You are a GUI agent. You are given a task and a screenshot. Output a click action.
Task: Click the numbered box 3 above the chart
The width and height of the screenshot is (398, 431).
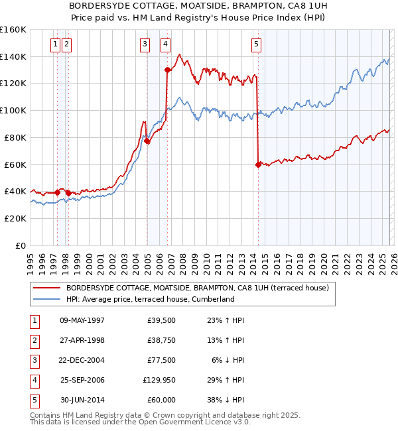pyautogui.click(x=145, y=44)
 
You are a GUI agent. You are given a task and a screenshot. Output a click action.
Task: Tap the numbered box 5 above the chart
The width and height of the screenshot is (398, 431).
pyautogui.click(x=256, y=44)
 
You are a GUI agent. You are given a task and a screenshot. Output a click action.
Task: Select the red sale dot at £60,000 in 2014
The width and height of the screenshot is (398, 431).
pyautogui.click(x=257, y=164)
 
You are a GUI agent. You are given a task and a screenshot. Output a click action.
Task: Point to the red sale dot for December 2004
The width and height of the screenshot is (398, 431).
pyautogui.click(x=147, y=141)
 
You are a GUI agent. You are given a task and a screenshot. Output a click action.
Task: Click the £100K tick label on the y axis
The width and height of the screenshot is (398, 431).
pyautogui.click(x=13, y=110)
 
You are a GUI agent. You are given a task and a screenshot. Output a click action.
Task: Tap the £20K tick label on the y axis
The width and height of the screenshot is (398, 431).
pyautogui.click(x=15, y=218)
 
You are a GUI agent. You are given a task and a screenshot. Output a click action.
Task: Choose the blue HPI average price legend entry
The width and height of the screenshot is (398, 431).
pyautogui.click(x=150, y=300)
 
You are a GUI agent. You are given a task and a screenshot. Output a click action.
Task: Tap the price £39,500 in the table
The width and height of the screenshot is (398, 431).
pyautogui.click(x=159, y=320)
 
